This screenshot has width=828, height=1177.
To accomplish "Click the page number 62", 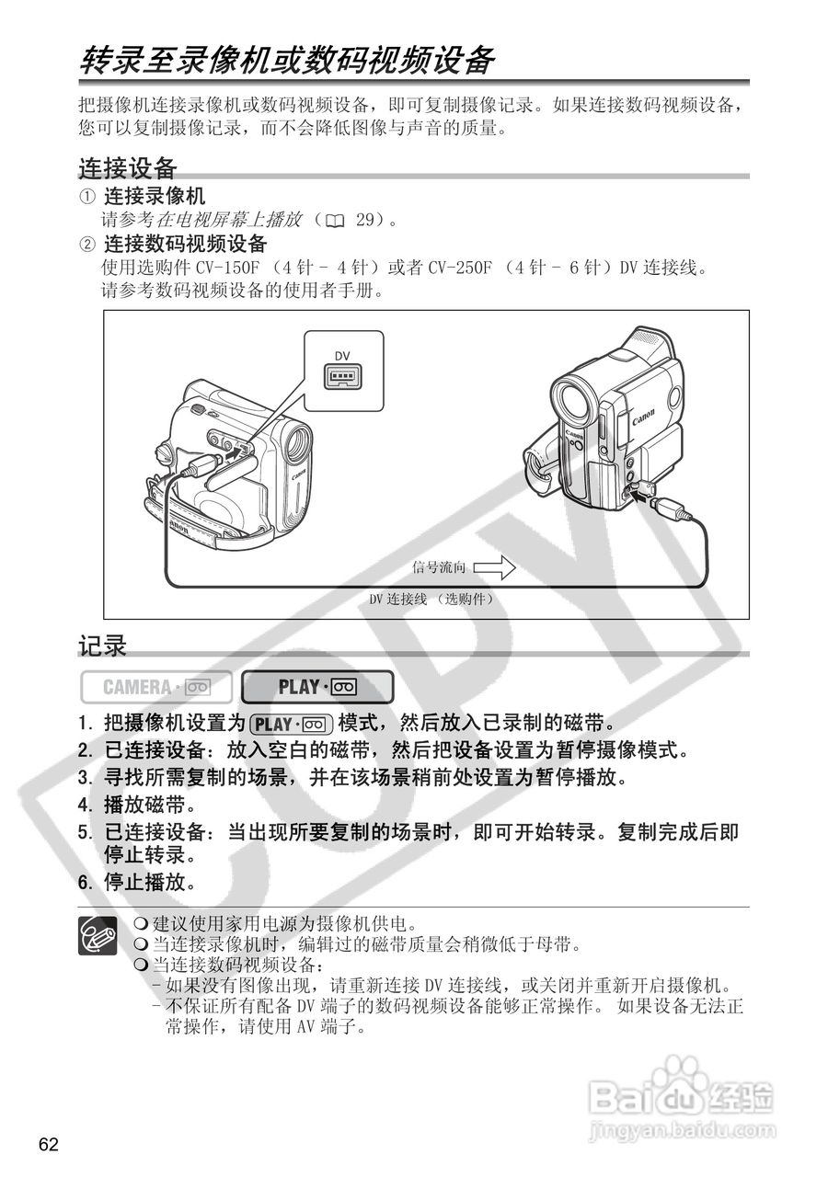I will [x=49, y=1144].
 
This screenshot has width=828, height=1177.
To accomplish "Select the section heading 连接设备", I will [x=127, y=168].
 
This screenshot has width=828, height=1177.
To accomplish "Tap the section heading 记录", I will [x=101, y=646].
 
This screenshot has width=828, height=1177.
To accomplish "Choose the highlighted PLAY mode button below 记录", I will [x=317, y=687].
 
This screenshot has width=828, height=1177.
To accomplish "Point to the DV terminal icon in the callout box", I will [x=342, y=376].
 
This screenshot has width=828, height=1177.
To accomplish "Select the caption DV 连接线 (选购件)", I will [x=431, y=599].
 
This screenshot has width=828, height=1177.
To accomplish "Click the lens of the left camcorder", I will [x=297, y=447].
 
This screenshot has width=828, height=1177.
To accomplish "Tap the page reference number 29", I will [x=364, y=220].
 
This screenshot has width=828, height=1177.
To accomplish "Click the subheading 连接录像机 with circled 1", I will [x=154, y=196].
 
